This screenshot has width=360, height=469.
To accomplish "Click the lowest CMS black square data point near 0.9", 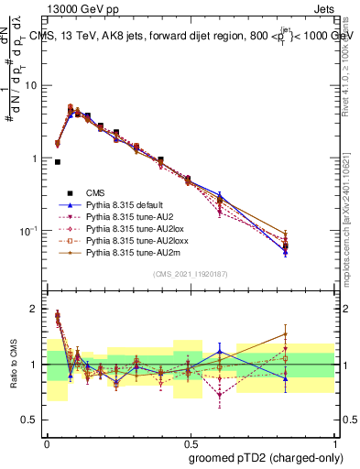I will coord(58,162).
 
